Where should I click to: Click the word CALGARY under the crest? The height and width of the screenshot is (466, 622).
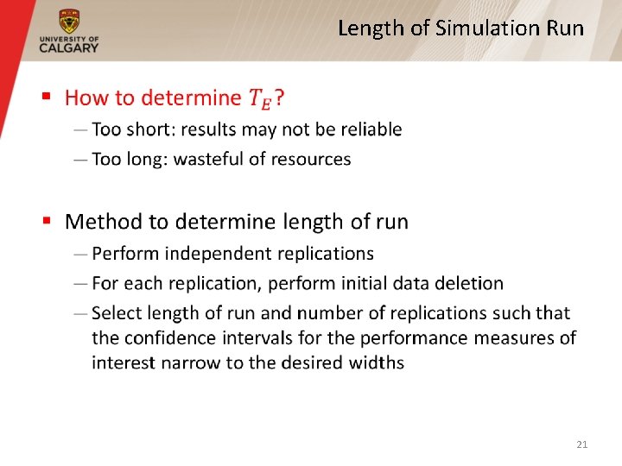(68, 47)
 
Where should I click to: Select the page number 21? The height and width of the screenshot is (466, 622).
(581, 444)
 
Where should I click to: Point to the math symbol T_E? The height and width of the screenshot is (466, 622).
(259, 99)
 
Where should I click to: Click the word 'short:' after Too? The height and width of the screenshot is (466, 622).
(151, 129)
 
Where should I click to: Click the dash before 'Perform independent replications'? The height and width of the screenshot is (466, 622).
(80, 254)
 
